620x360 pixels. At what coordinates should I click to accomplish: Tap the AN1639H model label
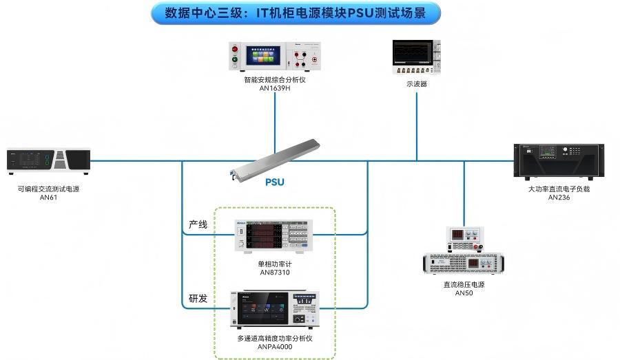[274, 89]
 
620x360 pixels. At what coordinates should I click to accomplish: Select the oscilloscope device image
[416, 56]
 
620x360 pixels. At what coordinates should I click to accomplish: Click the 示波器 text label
[416, 84]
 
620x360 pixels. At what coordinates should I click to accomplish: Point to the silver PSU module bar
[276, 160]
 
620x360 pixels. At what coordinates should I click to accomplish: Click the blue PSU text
[275, 182]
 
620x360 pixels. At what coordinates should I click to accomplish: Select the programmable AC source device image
[48, 161]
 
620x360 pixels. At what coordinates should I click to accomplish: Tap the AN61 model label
[48, 198]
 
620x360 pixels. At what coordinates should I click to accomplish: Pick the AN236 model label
[559, 198]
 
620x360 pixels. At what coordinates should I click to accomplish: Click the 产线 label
[198, 224]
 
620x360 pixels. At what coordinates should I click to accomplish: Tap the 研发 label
[198, 299]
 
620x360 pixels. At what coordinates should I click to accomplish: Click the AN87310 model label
[274, 273]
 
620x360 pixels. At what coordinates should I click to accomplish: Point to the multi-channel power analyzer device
[274, 310]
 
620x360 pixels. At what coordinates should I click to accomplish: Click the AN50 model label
[464, 293]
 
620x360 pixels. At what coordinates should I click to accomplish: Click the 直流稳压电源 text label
[464, 284]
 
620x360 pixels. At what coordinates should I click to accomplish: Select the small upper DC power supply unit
[464, 238]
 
